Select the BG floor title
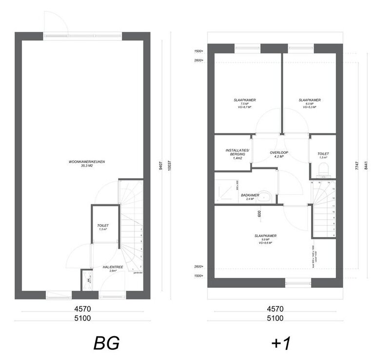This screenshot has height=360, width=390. click(x=107, y=343)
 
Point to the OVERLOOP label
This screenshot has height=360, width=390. click(x=279, y=153)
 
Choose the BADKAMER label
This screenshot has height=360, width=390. click(x=249, y=195)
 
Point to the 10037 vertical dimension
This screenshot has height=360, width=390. click(x=169, y=166)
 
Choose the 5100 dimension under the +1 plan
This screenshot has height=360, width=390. click(x=275, y=318)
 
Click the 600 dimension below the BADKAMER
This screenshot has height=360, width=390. click(x=260, y=213)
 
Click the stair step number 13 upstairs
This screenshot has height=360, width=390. click(x=333, y=187)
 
